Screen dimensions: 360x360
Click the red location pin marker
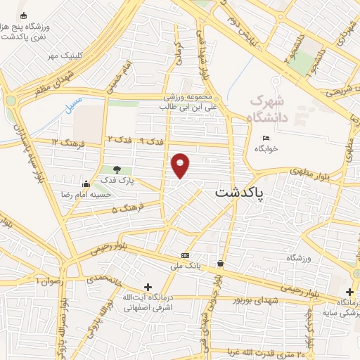(x=181, y=165)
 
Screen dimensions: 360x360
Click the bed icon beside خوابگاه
(x=266, y=137)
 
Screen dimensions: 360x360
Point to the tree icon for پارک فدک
(x=117, y=169)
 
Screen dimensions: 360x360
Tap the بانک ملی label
(x=185, y=266)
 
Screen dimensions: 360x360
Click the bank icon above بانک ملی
(x=185, y=255)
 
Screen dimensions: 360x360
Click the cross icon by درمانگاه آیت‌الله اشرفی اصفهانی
(x=148, y=287)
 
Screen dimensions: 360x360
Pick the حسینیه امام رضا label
(x=106, y=193)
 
